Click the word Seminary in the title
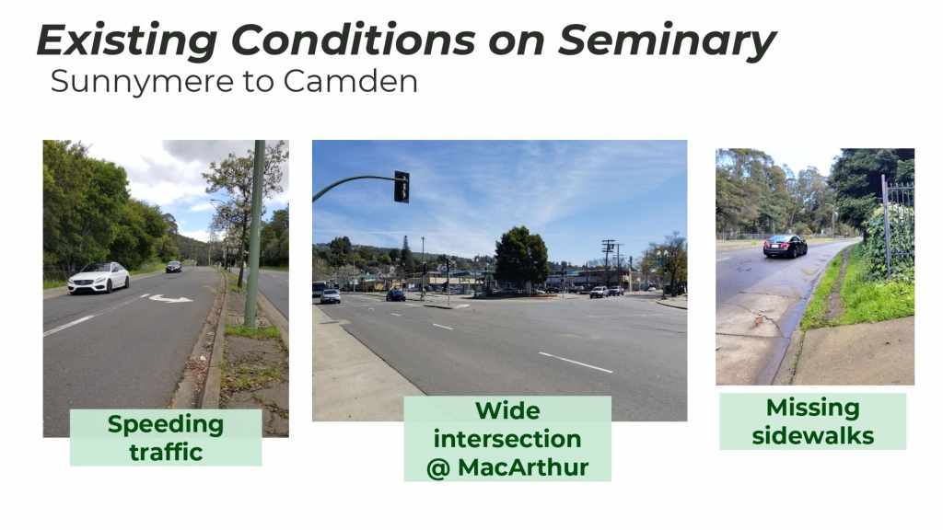coord(667,40)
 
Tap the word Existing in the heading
coord(127,41)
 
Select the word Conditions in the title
coord(353,40)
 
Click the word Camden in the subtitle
coord(350,81)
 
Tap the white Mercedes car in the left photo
coord(98,277)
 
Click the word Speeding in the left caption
coord(166,425)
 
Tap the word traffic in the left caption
coord(166,452)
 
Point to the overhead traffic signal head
coord(402,187)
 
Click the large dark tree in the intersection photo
coord(521,257)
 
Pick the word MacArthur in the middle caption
coord(523,467)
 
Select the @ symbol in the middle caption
coord(438,468)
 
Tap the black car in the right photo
coord(785,246)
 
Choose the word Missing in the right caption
coord(812,409)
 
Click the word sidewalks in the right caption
coord(812,435)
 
